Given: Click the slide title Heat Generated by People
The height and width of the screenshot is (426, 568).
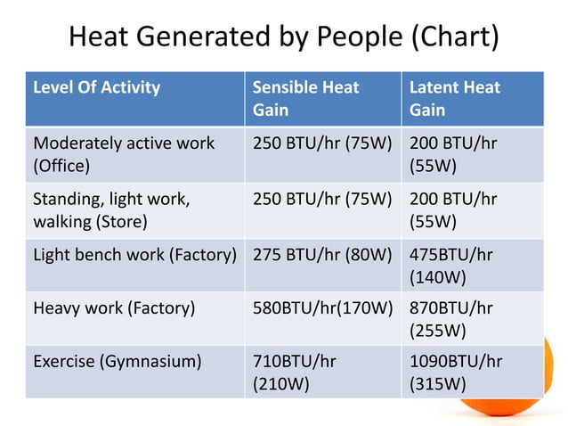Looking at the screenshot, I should point(283,37).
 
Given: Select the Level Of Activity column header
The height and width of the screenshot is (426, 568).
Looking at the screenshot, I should point(97,87).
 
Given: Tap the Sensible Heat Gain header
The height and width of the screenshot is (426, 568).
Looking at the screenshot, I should point(305,99).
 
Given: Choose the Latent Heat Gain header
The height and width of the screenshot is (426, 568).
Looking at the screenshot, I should point(454,99).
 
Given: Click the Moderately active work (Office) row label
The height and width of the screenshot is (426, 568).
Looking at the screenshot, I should point(124,154).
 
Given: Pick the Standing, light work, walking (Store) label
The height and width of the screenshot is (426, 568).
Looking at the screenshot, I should point(110,210).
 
